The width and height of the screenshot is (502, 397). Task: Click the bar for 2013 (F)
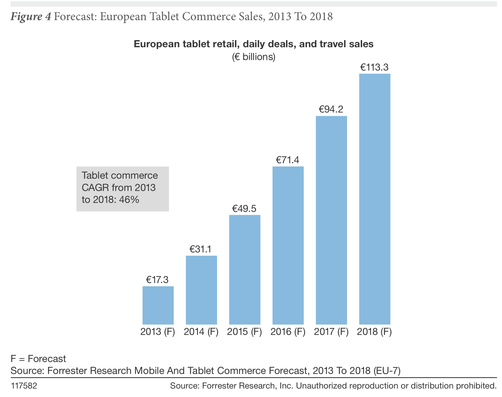tap(158, 305)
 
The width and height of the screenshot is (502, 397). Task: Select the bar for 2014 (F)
tap(201, 290)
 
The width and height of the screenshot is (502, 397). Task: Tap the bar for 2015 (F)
tap(245, 270)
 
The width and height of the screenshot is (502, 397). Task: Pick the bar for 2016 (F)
tap(288, 245)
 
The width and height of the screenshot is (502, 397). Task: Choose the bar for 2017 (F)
tap(331, 220)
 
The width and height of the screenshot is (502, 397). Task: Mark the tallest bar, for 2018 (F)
tap(374, 199)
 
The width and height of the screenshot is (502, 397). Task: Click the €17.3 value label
tap(157, 280)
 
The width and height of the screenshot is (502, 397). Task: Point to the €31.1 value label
tap(201, 249)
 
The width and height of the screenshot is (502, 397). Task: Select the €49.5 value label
tap(244, 208)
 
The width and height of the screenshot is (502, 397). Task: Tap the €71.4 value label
tap(287, 160)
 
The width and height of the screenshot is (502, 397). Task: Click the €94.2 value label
tap(331, 109)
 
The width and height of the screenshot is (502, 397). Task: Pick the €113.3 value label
tap(374, 67)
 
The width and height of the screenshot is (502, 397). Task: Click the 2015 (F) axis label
tap(245, 332)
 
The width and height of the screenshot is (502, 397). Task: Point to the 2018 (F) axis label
tap(374, 332)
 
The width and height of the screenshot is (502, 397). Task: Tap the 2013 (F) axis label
tap(158, 332)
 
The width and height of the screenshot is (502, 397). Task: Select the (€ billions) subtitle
tap(254, 57)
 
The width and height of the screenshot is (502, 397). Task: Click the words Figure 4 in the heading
tap(31, 16)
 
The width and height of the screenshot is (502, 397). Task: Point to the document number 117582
tap(24, 386)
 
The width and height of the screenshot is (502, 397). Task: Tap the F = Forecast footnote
tap(38, 359)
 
